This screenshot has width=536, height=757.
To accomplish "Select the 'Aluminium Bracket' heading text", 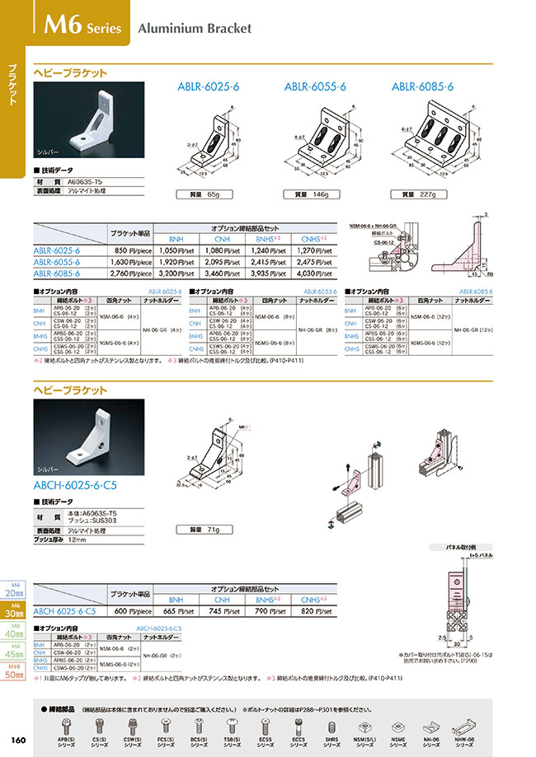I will point(195,28).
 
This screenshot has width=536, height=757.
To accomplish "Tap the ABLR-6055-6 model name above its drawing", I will point(315,86).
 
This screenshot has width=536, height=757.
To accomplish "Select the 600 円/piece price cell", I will point(132,611).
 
